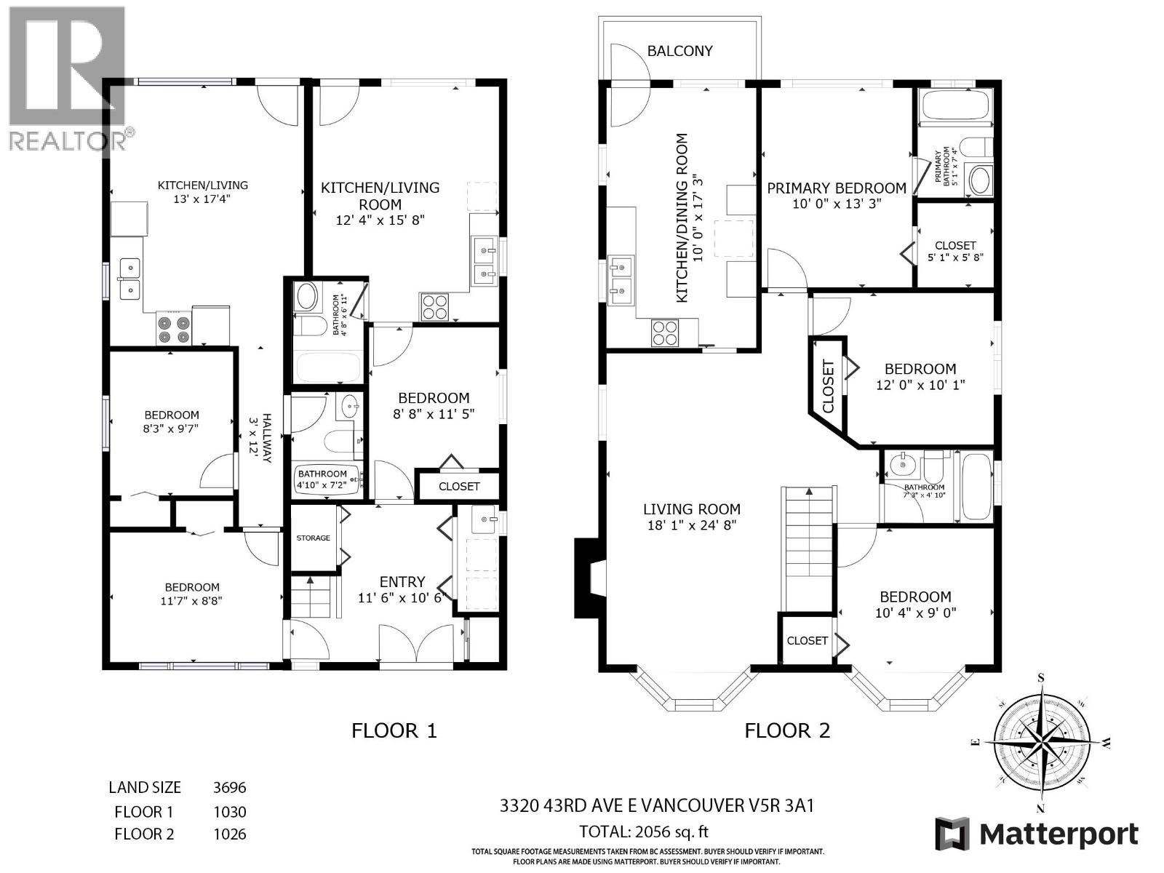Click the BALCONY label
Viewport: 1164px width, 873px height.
(x=679, y=51)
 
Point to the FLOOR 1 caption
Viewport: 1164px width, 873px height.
(x=394, y=730)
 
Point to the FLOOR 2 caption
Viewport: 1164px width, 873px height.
(x=787, y=730)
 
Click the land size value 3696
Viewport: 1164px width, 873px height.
(x=229, y=787)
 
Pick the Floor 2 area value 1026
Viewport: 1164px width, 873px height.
(x=229, y=834)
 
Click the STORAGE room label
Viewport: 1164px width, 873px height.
(x=313, y=538)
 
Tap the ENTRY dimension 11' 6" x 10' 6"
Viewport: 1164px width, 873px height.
(x=402, y=598)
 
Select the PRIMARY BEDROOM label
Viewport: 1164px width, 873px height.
(x=837, y=188)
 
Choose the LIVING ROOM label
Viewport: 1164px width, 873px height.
(x=691, y=509)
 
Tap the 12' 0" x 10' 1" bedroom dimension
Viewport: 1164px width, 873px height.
(x=920, y=385)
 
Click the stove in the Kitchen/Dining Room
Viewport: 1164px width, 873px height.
(x=664, y=332)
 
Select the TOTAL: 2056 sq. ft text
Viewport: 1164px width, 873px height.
(x=643, y=832)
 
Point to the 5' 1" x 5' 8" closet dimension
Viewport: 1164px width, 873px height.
(x=955, y=258)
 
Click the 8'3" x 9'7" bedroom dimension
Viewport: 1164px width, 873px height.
(x=171, y=429)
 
